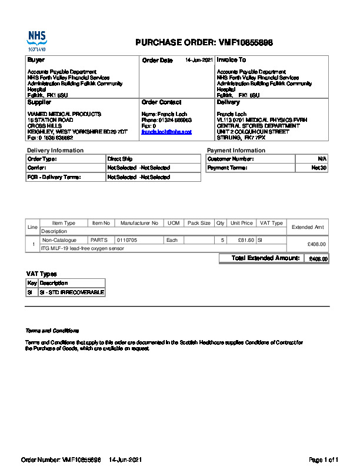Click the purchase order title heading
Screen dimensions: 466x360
coord(204,43)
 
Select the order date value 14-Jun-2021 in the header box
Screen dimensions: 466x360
coord(199,60)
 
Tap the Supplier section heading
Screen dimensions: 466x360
coord(39,102)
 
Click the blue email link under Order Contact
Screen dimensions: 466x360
coord(166,132)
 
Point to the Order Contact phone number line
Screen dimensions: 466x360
coord(166,120)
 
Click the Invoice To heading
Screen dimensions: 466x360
coord(231,60)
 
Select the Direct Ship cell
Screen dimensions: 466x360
coord(120,159)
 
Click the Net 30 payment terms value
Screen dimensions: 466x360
coord(319,168)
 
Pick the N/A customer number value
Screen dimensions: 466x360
coord(322,159)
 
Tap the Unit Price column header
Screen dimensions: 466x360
coord(242,224)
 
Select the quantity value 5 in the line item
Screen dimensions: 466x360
coord(222,240)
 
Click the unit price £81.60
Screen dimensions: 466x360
coord(245,240)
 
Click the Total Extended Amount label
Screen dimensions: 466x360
coord(266,258)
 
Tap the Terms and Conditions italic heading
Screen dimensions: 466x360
coord(52,331)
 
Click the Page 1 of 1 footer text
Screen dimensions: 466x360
coord(324,459)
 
